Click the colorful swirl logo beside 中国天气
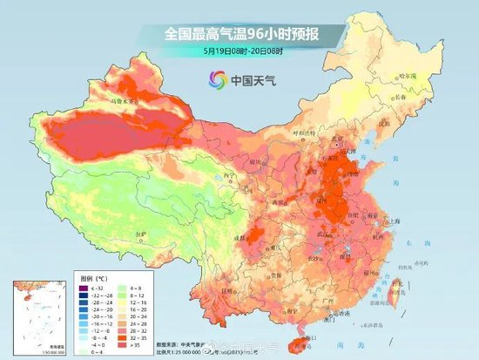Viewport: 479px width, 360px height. pyautogui.click(x=215, y=81)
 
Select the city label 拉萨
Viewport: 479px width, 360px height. pyautogui.click(x=119, y=234)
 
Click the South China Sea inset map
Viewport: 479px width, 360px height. pyautogui.click(x=37, y=310)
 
